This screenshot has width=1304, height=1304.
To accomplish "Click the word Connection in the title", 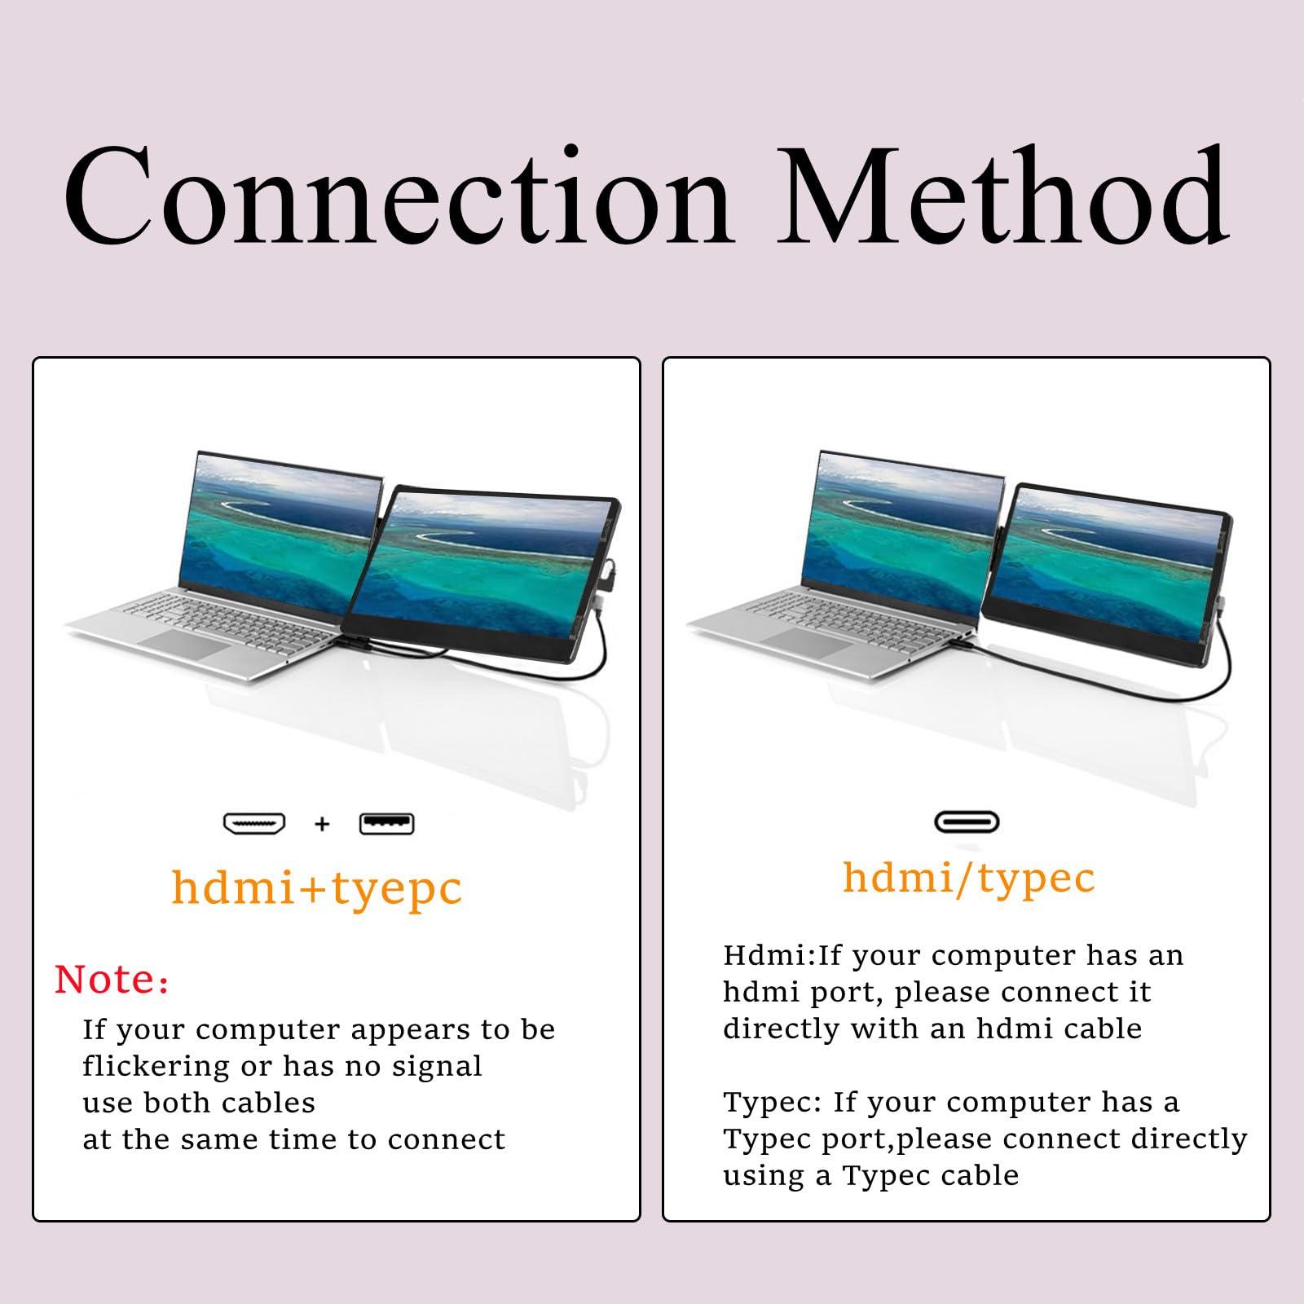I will (x=397, y=196).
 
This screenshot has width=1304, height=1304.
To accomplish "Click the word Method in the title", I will (x=1002, y=196).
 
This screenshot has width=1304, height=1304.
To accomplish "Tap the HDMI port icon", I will (x=254, y=823).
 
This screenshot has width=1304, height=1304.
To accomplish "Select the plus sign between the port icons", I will (x=322, y=824).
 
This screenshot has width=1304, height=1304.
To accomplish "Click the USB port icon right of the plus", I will (x=386, y=824).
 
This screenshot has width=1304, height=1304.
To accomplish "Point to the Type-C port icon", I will (x=967, y=822).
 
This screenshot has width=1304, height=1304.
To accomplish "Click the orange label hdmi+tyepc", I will (x=317, y=888).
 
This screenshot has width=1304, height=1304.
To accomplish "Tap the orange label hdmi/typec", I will (x=968, y=877).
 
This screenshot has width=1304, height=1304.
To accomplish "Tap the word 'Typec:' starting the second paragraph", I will (x=773, y=1103).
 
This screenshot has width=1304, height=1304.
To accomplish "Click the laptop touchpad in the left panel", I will (x=193, y=643).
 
